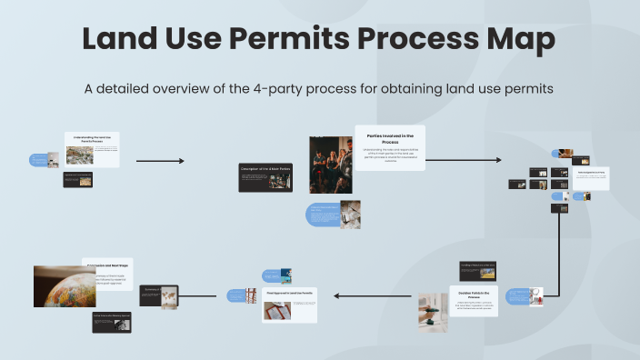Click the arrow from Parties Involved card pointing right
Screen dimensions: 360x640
[x=463, y=160]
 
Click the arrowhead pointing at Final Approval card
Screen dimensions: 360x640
[x=337, y=295]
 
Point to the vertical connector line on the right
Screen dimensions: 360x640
[x=557, y=245]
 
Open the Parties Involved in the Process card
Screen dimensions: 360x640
[x=389, y=148]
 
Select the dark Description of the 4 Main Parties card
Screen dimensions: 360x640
[x=265, y=176]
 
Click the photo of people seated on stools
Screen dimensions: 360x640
[x=330, y=165]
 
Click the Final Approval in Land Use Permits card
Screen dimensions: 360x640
[x=290, y=305]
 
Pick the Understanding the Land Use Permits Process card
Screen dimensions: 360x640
[x=92, y=149]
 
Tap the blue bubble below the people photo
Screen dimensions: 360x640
[x=324, y=215]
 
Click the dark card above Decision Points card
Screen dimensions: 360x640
[x=477, y=269]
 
